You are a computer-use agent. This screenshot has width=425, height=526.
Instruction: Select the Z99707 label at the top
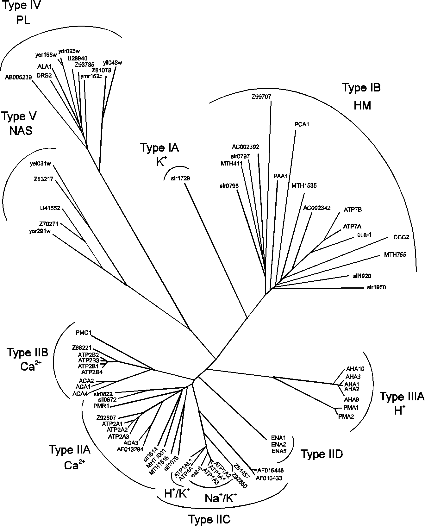tap(261, 97)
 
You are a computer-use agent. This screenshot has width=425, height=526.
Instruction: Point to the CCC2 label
tap(401, 237)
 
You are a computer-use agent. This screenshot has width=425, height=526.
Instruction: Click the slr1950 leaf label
tap(376, 287)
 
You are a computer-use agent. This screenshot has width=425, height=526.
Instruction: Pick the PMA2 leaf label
tap(346, 416)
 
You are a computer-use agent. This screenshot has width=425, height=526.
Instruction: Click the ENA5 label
tap(279, 451)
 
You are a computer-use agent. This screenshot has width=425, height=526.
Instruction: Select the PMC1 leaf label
tap(84, 333)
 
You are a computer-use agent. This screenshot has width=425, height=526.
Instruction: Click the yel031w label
tap(41, 164)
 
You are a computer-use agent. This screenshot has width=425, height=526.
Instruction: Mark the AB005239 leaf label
tap(18, 77)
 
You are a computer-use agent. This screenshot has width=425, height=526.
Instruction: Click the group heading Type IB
tap(361, 88)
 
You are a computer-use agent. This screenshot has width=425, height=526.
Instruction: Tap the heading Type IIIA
tap(402, 396)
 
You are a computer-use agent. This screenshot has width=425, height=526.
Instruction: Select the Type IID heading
tap(321, 454)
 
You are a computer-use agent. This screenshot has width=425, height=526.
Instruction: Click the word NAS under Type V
tap(21, 131)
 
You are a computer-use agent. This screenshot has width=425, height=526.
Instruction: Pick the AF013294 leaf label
tap(130, 449)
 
